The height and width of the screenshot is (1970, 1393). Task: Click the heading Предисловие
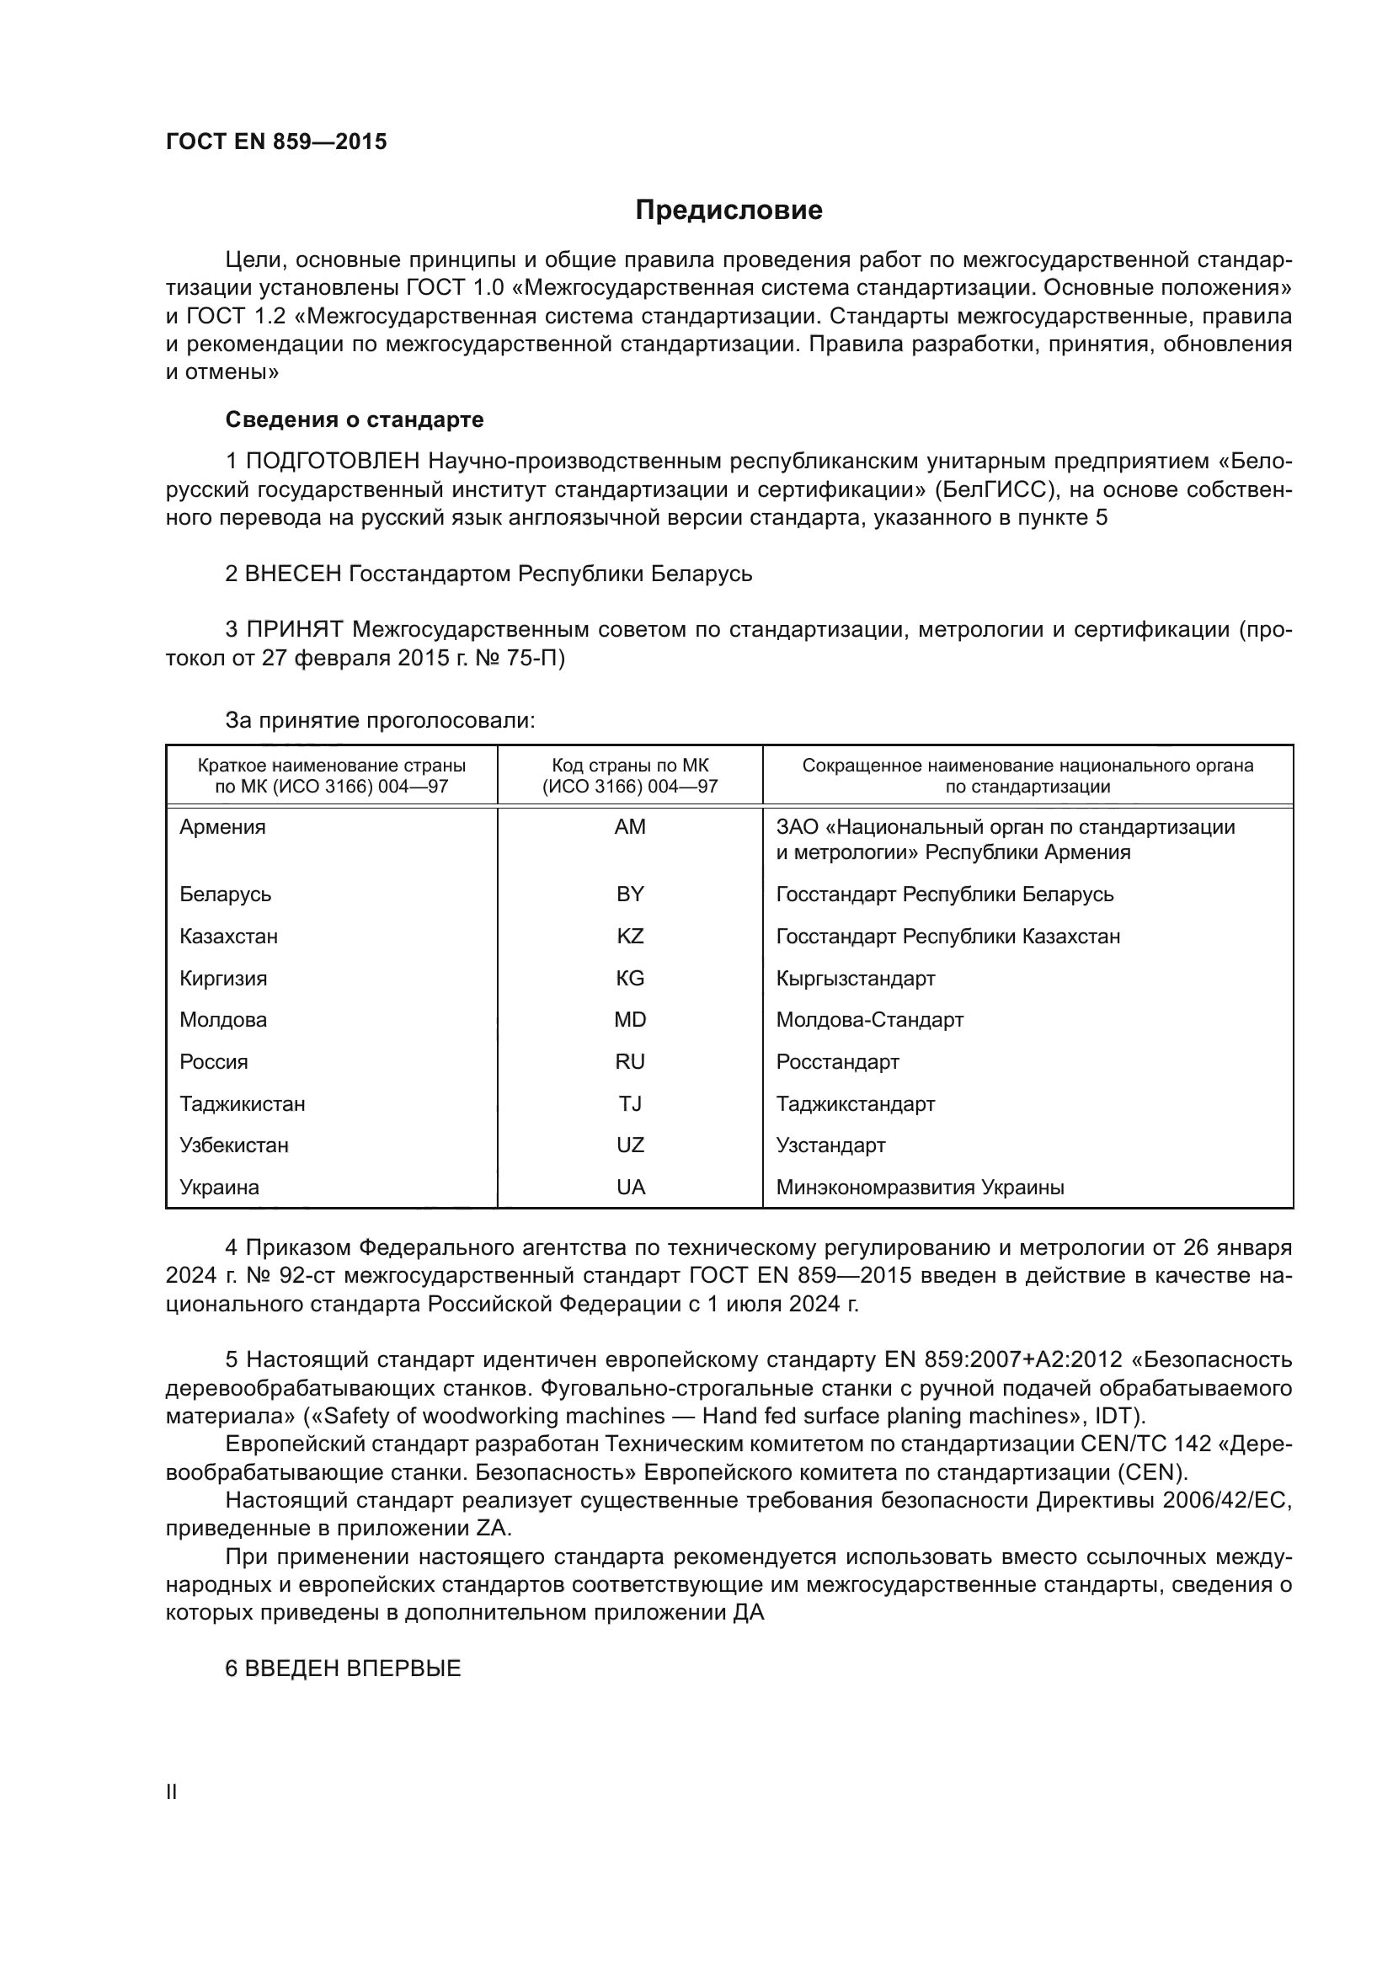click(729, 211)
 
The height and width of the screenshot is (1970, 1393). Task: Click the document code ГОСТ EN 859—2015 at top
click(276, 142)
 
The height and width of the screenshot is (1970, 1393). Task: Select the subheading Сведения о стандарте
click(355, 419)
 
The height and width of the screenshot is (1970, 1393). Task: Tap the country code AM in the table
click(630, 827)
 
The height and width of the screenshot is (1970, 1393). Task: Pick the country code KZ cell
click(630, 936)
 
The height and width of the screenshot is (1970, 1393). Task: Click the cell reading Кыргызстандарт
click(855, 978)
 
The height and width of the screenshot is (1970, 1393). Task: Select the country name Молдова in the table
click(223, 1019)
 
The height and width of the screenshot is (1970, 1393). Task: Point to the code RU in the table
click(630, 1061)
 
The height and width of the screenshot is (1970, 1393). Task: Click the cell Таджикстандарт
click(855, 1103)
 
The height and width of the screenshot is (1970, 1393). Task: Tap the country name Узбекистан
click(234, 1145)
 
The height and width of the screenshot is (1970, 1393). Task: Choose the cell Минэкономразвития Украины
click(920, 1188)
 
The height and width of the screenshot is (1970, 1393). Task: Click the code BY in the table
click(630, 894)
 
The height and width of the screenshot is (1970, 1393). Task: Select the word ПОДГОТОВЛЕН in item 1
click(333, 462)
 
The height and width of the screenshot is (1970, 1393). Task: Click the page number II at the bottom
click(172, 1792)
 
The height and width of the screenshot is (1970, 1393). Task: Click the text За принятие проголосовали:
click(380, 720)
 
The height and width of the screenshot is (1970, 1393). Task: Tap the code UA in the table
click(630, 1188)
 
